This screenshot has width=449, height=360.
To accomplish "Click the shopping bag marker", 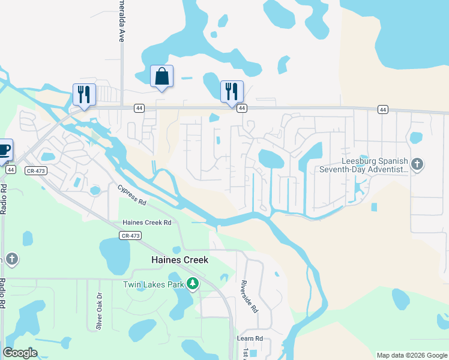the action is click(161, 77).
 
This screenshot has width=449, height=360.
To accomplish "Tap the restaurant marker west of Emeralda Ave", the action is click(84, 95).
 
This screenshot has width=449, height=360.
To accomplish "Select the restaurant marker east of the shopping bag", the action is click(232, 92).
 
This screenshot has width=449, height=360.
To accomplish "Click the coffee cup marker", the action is click(4, 150).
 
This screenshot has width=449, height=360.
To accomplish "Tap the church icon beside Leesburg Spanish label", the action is click(418, 163).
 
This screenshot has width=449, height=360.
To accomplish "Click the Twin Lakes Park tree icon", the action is click(192, 284).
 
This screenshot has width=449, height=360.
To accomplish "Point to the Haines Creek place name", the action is click(179, 260).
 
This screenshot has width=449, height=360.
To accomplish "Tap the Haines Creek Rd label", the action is click(147, 223).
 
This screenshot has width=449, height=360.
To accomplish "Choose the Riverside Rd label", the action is click(249, 297).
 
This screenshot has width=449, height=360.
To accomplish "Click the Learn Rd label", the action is click(250, 338).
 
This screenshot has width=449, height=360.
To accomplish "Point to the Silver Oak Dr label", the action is click(100, 311).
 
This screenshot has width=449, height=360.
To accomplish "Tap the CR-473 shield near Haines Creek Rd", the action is click(130, 236).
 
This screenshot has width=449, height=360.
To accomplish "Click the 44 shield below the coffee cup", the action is click(10, 170).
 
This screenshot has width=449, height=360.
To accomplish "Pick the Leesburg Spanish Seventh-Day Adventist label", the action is click(375, 165).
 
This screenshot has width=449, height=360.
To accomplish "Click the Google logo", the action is click(20, 353).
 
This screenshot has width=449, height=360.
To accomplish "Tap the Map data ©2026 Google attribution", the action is click(412, 355).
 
